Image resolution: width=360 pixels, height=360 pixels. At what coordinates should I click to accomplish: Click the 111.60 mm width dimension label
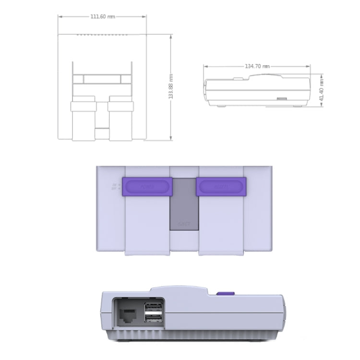[x=103, y=16]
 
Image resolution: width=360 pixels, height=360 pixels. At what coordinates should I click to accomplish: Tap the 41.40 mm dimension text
[x=321, y=90]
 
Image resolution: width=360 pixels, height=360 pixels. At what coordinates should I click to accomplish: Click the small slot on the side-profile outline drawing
[x=281, y=99]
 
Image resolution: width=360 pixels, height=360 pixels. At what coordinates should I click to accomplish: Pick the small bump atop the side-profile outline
[x=238, y=77]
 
